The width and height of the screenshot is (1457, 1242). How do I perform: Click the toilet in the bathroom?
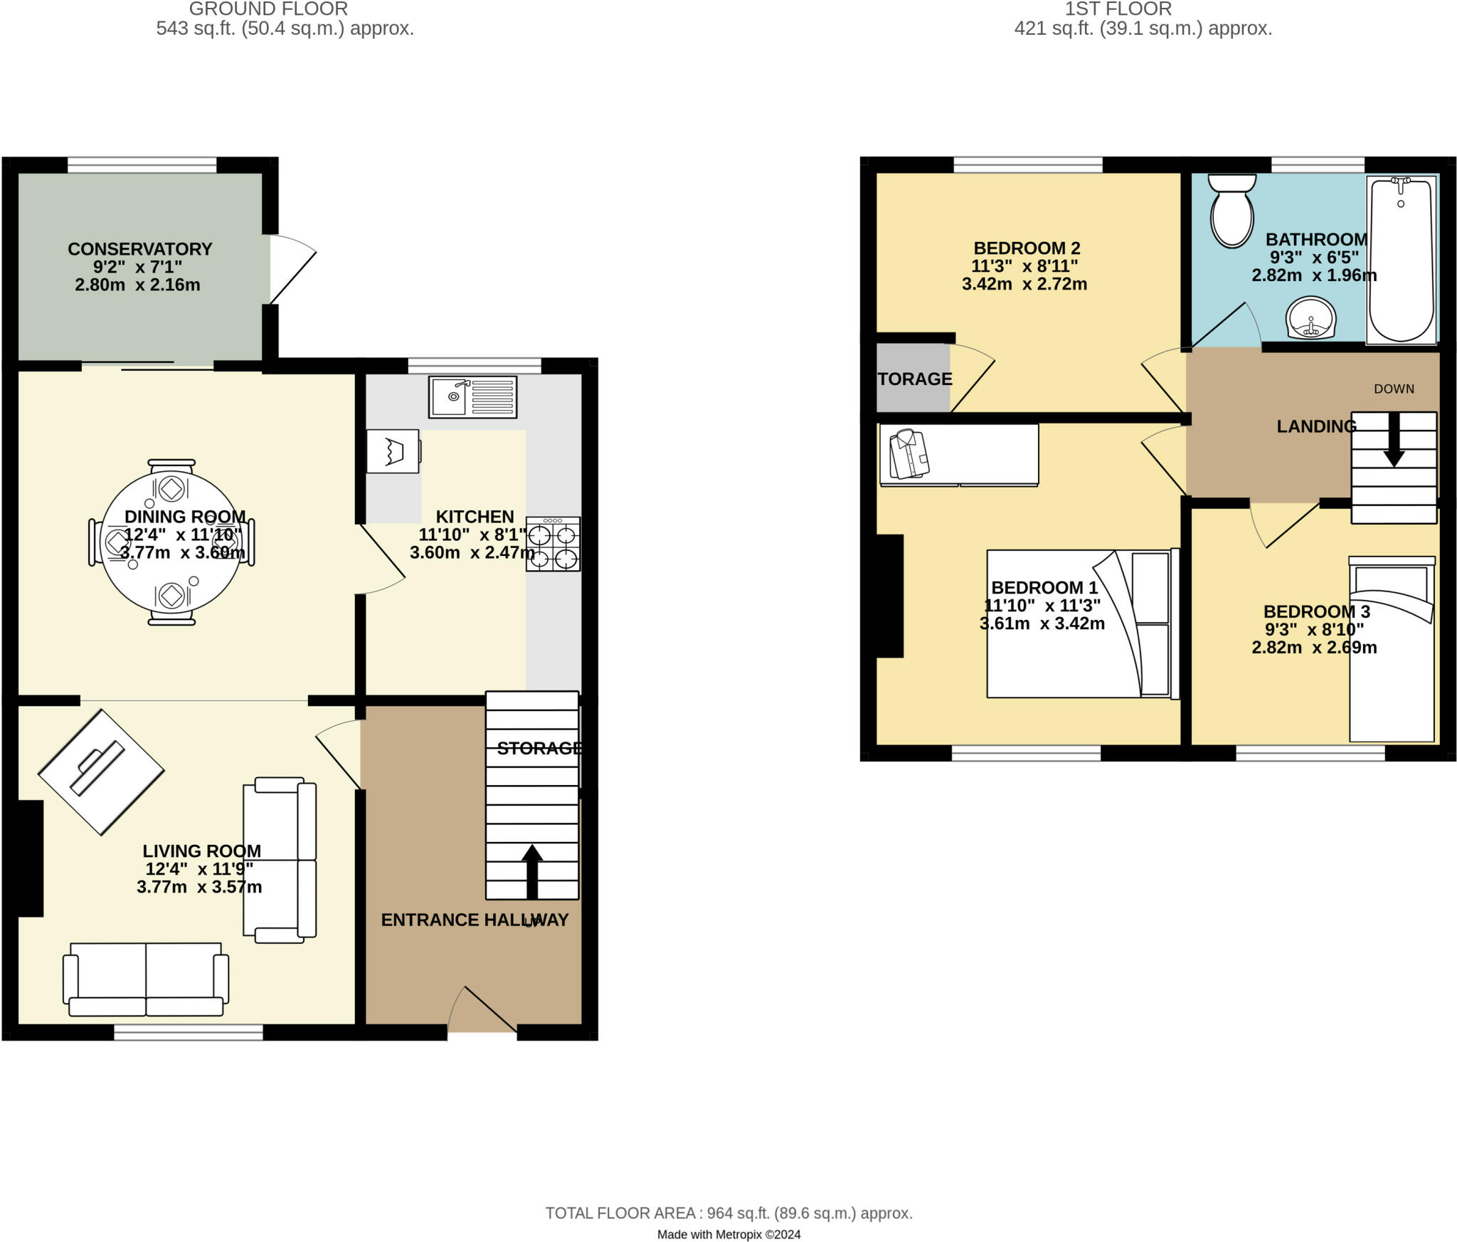1232,211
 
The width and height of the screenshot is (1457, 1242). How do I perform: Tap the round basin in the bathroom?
1311,317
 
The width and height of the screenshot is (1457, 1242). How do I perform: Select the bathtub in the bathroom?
1401,260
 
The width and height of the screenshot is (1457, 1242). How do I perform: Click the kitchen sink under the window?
472,396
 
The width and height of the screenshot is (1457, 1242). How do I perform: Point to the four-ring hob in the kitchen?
553,544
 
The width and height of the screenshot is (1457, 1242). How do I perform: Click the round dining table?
171,542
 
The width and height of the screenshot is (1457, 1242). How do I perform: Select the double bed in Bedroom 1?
1080,623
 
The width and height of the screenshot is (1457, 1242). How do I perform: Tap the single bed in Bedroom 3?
1392,649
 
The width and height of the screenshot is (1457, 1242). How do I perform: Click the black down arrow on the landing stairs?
1393,439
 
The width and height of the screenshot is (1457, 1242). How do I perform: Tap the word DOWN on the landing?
1394,389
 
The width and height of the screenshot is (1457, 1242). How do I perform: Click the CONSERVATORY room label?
140,249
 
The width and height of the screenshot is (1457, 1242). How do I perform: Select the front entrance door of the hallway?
484,1011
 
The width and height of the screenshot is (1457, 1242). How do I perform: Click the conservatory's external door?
292,270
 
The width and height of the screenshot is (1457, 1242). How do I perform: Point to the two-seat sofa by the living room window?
146,979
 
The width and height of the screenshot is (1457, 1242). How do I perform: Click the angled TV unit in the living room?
101,772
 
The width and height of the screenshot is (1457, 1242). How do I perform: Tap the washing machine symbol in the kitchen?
393,451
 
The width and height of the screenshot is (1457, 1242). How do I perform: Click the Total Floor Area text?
728,1213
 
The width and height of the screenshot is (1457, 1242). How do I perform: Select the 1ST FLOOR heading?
1118,9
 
